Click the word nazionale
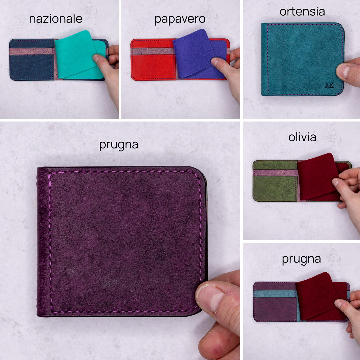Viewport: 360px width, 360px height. (x=56, y=19)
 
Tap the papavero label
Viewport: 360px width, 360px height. (x=180, y=19)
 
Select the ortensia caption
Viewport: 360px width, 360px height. (x=302, y=12)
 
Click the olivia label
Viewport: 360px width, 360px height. (x=302, y=137)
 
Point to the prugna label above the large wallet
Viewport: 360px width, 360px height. (x=119, y=145)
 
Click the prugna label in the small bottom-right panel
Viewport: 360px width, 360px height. (x=301, y=259)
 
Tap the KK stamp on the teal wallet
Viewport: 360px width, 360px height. (x=329, y=85)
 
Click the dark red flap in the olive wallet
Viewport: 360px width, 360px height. (x=318, y=176)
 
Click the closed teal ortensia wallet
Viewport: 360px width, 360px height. (x=302, y=59)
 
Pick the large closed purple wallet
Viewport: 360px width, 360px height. (x=122, y=242)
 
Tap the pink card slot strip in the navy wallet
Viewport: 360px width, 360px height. (x=31, y=51)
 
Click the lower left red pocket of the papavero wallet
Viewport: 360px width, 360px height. (x=153, y=67)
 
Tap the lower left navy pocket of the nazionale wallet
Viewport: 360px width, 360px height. (x=32, y=67)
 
